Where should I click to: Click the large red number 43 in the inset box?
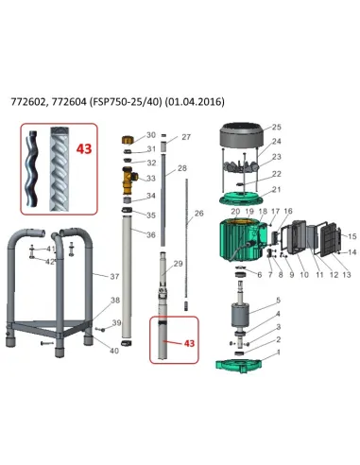coord(84,148)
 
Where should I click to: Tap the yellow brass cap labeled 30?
coord(128,140)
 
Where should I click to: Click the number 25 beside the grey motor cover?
coord(276,127)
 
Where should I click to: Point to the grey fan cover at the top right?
coord(242,135)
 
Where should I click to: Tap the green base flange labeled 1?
coord(238,366)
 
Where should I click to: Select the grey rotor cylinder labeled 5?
coord(240,315)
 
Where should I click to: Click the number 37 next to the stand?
coord(114,276)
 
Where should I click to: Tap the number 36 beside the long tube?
coord(151,234)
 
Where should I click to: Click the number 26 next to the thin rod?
coord(198,214)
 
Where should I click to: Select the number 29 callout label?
coord(178,264)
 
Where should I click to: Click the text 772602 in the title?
coord(26,102)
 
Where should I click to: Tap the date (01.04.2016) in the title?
coord(195,102)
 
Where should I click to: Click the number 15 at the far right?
coord(351,236)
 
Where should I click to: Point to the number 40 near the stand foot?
coord(114,351)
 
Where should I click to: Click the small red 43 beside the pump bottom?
coord(189,343)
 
